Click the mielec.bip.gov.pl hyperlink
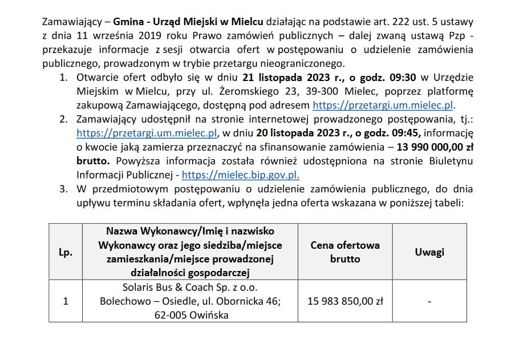(x=240, y=176)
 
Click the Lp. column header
(x=66, y=252)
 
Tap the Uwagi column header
(x=429, y=252)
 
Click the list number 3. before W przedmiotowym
(x=64, y=189)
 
